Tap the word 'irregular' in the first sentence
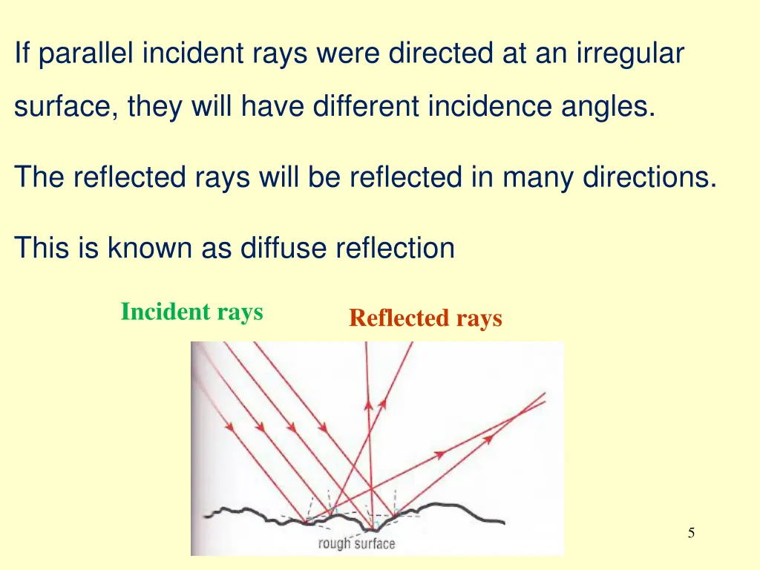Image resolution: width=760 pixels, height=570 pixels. click(x=632, y=53)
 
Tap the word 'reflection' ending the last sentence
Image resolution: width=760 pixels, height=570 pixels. click(x=395, y=247)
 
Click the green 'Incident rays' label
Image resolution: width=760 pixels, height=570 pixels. click(x=191, y=312)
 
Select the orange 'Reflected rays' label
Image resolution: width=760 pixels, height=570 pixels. click(x=425, y=318)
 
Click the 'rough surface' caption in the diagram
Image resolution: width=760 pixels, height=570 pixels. click(x=356, y=543)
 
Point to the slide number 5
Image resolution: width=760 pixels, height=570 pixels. click(x=691, y=532)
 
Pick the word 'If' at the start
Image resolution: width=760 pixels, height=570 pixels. click(x=23, y=53)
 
